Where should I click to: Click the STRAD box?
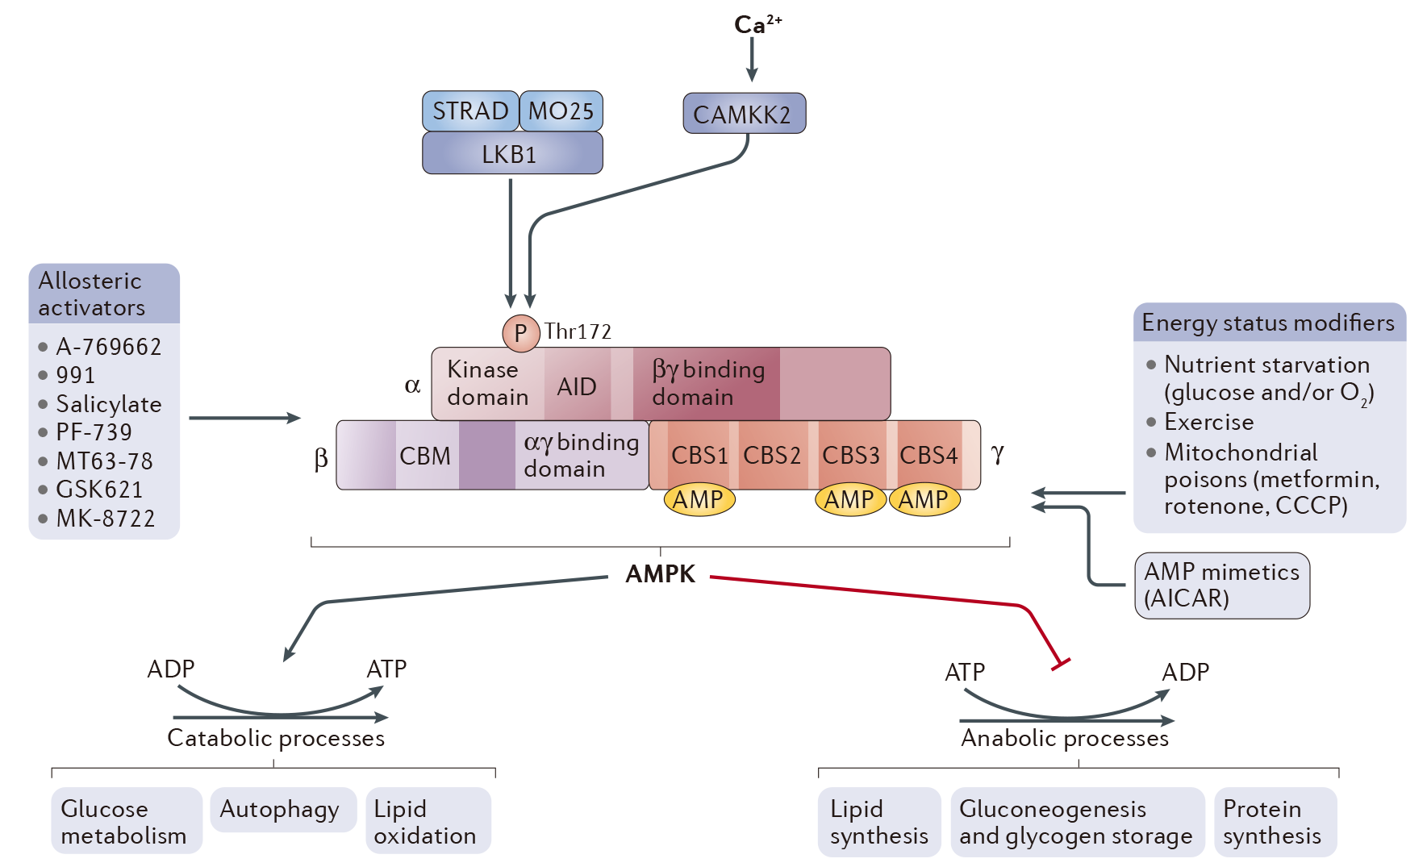(470, 111)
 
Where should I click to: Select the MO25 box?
(561, 111)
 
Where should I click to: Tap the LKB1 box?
(511, 153)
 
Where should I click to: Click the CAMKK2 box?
(743, 114)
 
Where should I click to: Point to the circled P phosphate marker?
(520, 333)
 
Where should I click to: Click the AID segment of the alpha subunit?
(577, 386)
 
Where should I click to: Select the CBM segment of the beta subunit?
(425, 456)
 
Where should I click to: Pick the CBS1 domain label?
(699, 455)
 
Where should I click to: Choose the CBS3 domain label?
(850, 455)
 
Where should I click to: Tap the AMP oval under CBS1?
(699, 500)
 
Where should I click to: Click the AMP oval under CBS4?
(924, 500)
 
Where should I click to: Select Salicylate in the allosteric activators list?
(108, 404)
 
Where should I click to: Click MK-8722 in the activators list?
(105, 519)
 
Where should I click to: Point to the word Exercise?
(1208, 422)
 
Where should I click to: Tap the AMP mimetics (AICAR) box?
(1221, 585)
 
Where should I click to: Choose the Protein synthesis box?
(1274, 822)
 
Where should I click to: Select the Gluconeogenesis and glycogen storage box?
(1076, 822)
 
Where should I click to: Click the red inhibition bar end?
(1060, 665)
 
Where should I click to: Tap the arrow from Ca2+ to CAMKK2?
(752, 60)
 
